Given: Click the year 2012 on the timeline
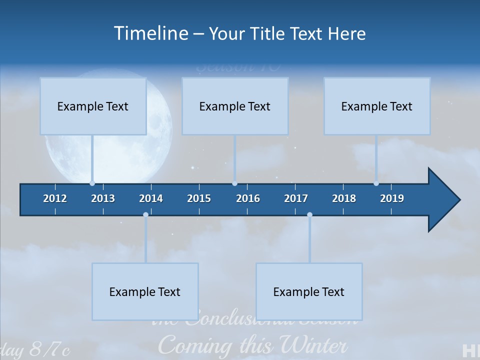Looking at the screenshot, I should coord(55,198).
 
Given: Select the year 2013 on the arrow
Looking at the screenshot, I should coord(103,198).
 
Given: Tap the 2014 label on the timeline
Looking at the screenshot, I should coord(151,198).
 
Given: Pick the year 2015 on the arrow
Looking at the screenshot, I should coord(199,198).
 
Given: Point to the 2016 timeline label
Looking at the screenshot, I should coord(248,198).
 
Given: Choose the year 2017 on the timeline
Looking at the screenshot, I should coord(296,198).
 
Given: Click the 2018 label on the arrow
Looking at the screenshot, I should coord(344,198).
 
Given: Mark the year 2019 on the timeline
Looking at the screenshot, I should coord(392,198).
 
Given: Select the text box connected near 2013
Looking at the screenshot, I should coord(93,106).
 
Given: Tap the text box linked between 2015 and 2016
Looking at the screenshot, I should coord(235,106).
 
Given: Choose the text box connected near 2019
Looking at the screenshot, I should coord(377,106).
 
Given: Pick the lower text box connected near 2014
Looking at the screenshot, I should coord(145,291).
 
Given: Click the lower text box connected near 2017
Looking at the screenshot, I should coord(309,291).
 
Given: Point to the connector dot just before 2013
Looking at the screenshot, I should coord(92,183).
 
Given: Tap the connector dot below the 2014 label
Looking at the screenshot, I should coord(145,215).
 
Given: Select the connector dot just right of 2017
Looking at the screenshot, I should coord(309,215).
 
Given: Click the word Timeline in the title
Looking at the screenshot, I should coord(150,33).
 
